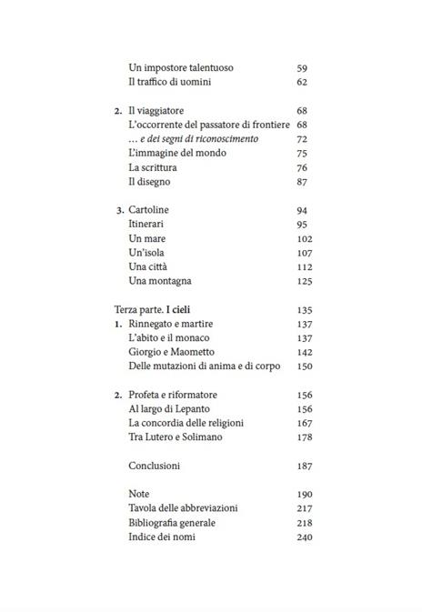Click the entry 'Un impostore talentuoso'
(183, 67)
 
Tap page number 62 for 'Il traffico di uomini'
(302, 82)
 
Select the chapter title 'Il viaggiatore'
(164, 110)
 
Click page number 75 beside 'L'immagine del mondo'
(302, 153)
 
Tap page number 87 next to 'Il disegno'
(302, 182)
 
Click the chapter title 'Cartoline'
(156, 210)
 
